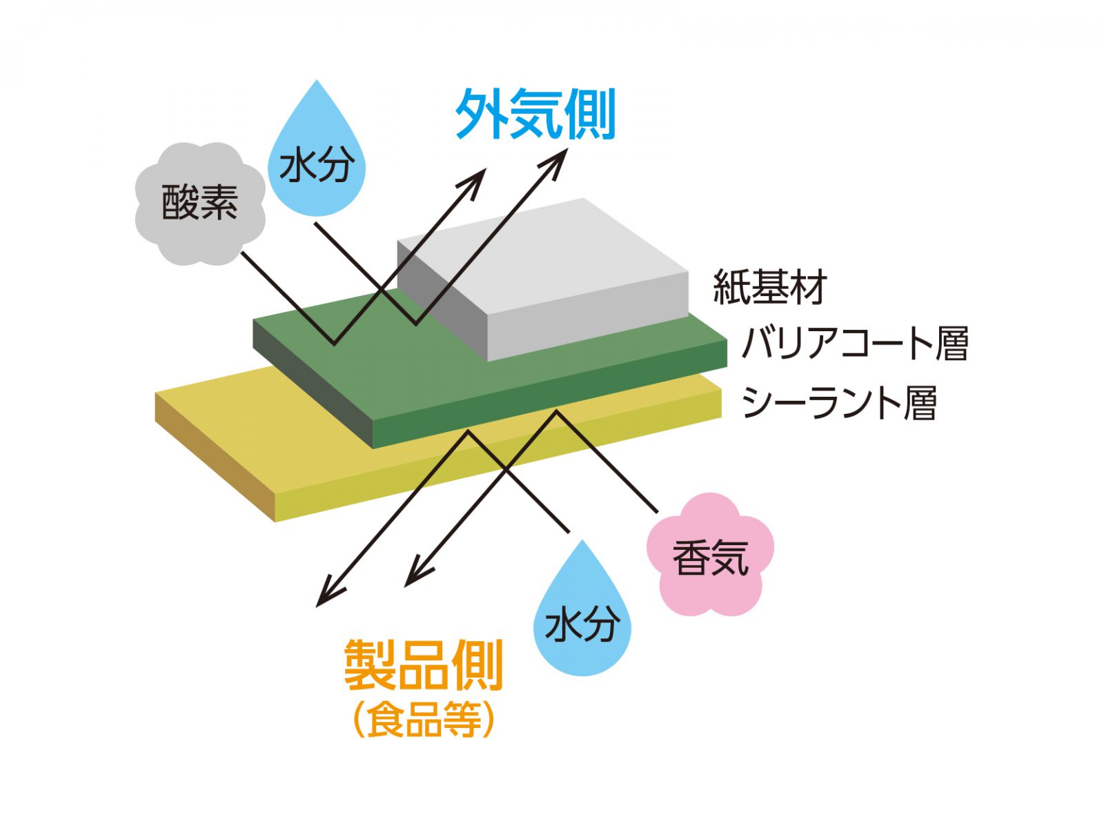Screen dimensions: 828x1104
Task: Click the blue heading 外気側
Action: click(535, 115)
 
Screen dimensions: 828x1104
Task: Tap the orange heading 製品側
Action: click(424, 664)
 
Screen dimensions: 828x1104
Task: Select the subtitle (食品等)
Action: click(424, 720)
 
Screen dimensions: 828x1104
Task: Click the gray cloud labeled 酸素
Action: click(199, 203)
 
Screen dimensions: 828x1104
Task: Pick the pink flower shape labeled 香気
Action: click(710, 555)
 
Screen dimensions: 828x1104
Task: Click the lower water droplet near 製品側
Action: click(582, 618)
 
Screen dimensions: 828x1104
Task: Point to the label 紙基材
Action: click(769, 286)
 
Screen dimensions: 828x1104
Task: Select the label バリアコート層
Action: click(855, 343)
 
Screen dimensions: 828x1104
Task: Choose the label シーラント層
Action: click(839, 402)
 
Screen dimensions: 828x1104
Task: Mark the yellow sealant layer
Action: click(276, 442)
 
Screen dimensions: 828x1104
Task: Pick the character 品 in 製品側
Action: click(424, 664)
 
